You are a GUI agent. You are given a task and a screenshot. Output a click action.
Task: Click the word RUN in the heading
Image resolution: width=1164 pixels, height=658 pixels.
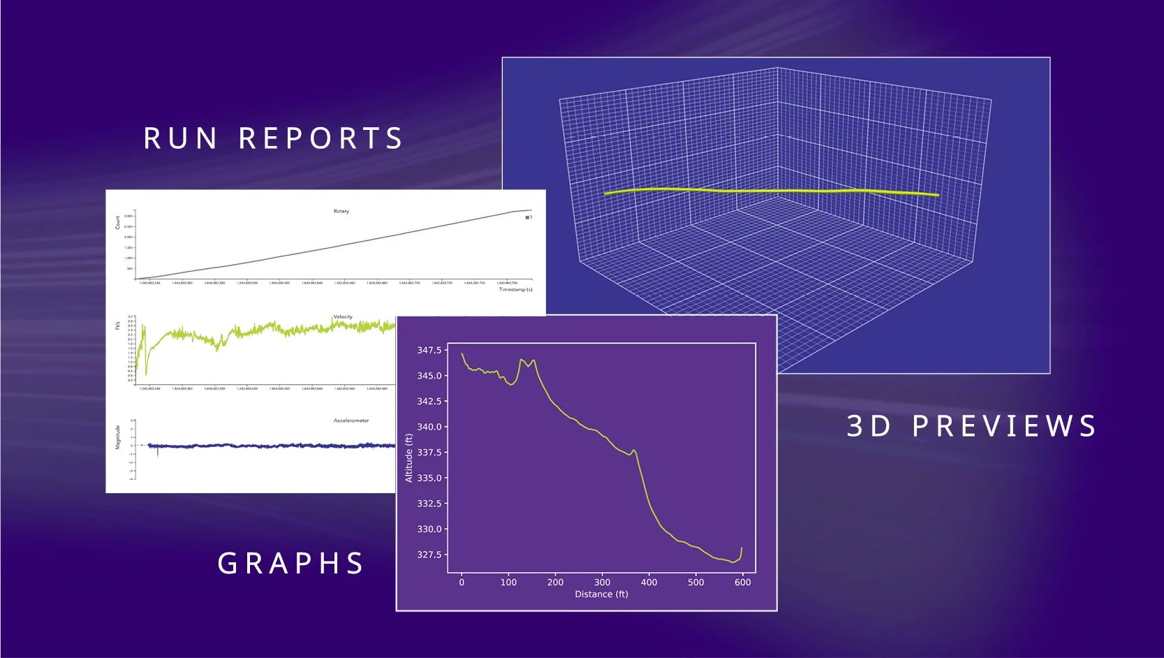click(x=180, y=138)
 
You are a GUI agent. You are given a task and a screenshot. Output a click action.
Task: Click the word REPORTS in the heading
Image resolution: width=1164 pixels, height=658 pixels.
click(x=321, y=138)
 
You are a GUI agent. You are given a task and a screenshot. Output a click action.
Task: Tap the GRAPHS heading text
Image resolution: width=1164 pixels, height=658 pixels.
click(x=290, y=564)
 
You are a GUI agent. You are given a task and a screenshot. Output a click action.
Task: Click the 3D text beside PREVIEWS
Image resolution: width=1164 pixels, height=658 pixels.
click(x=869, y=426)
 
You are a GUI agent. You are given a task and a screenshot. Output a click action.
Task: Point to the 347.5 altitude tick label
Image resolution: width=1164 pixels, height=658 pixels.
click(x=429, y=350)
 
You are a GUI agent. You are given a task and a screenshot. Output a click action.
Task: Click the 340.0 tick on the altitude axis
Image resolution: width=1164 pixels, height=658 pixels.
click(x=429, y=427)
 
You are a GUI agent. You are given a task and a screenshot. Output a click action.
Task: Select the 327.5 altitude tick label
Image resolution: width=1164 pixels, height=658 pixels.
click(x=429, y=555)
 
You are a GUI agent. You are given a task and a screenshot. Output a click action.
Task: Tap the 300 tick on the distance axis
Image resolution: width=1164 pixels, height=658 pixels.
click(x=602, y=582)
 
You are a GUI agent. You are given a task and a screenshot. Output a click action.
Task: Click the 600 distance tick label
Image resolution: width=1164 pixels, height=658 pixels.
click(x=742, y=582)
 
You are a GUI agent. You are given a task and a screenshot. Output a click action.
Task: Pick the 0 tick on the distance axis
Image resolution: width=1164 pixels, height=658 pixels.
click(x=462, y=582)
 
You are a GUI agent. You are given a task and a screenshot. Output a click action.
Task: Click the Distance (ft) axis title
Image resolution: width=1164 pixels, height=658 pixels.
click(x=601, y=594)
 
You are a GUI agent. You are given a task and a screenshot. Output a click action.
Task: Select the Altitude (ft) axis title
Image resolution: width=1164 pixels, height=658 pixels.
click(x=409, y=458)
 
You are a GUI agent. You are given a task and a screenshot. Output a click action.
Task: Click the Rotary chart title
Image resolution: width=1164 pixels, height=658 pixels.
click(x=341, y=211)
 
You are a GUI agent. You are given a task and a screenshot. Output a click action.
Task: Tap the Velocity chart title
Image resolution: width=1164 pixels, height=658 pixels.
click(x=343, y=316)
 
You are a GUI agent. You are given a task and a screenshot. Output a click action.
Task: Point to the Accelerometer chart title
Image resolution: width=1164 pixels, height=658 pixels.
click(x=351, y=421)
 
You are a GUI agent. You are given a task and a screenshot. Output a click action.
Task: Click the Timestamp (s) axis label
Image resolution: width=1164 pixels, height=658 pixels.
click(x=515, y=289)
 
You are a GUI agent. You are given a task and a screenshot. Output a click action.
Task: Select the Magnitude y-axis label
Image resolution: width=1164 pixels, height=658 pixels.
click(x=118, y=437)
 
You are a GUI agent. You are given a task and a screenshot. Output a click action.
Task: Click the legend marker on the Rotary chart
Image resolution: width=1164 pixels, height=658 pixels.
click(x=528, y=218)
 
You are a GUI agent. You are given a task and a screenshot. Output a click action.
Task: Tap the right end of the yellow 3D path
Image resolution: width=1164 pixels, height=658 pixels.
click(x=936, y=196)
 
